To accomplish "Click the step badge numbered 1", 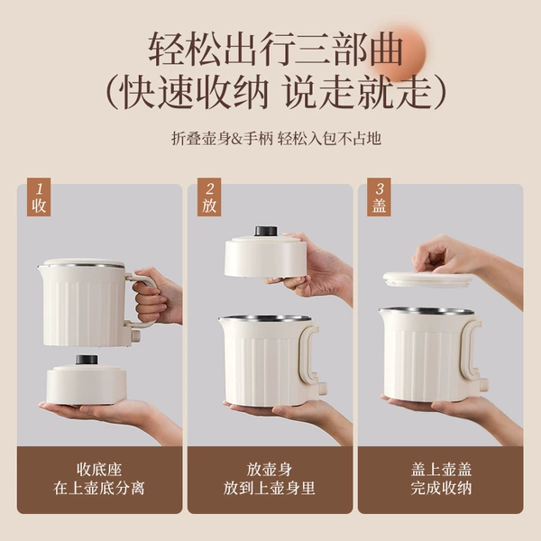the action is (x=39, y=197).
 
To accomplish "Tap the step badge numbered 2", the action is (x=209, y=197).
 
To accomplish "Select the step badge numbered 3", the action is (x=379, y=197).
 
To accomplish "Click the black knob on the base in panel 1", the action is (x=87, y=360).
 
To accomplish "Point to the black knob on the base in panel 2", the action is (x=266, y=231).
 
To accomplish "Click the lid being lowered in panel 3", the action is (x=427, y=280).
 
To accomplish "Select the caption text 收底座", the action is (x=99, y=470).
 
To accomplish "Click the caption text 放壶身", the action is (x=270, y=470).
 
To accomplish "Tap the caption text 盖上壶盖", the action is (x=441, y=470).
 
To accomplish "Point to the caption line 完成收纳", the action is (x=441, y=488).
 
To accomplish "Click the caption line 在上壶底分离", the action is (x=99, y=488).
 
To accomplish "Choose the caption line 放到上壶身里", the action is (x=270, y=488).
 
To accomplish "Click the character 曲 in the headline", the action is (x=387, y=49).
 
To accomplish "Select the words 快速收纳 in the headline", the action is (x=196, y=93).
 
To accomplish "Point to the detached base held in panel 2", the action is (x=266, y=254).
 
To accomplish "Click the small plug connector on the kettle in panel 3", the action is (x=483, y=383).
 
